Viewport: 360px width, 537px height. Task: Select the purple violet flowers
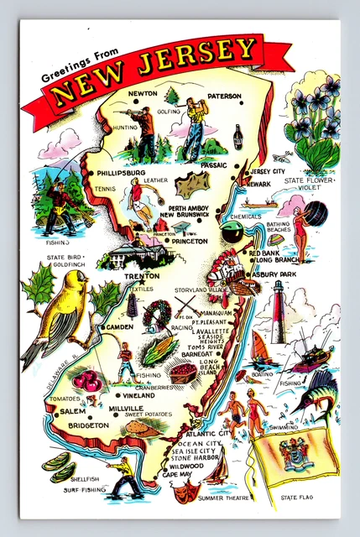pyautogui.click(x=316, y=112)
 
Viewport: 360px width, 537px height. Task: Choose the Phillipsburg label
pyautogui.click(x=121, y=173)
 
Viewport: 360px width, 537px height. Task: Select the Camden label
pyautogui.click(x=122, y=326)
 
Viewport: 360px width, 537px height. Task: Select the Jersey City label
pyautogui.click(x=268, y=171)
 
